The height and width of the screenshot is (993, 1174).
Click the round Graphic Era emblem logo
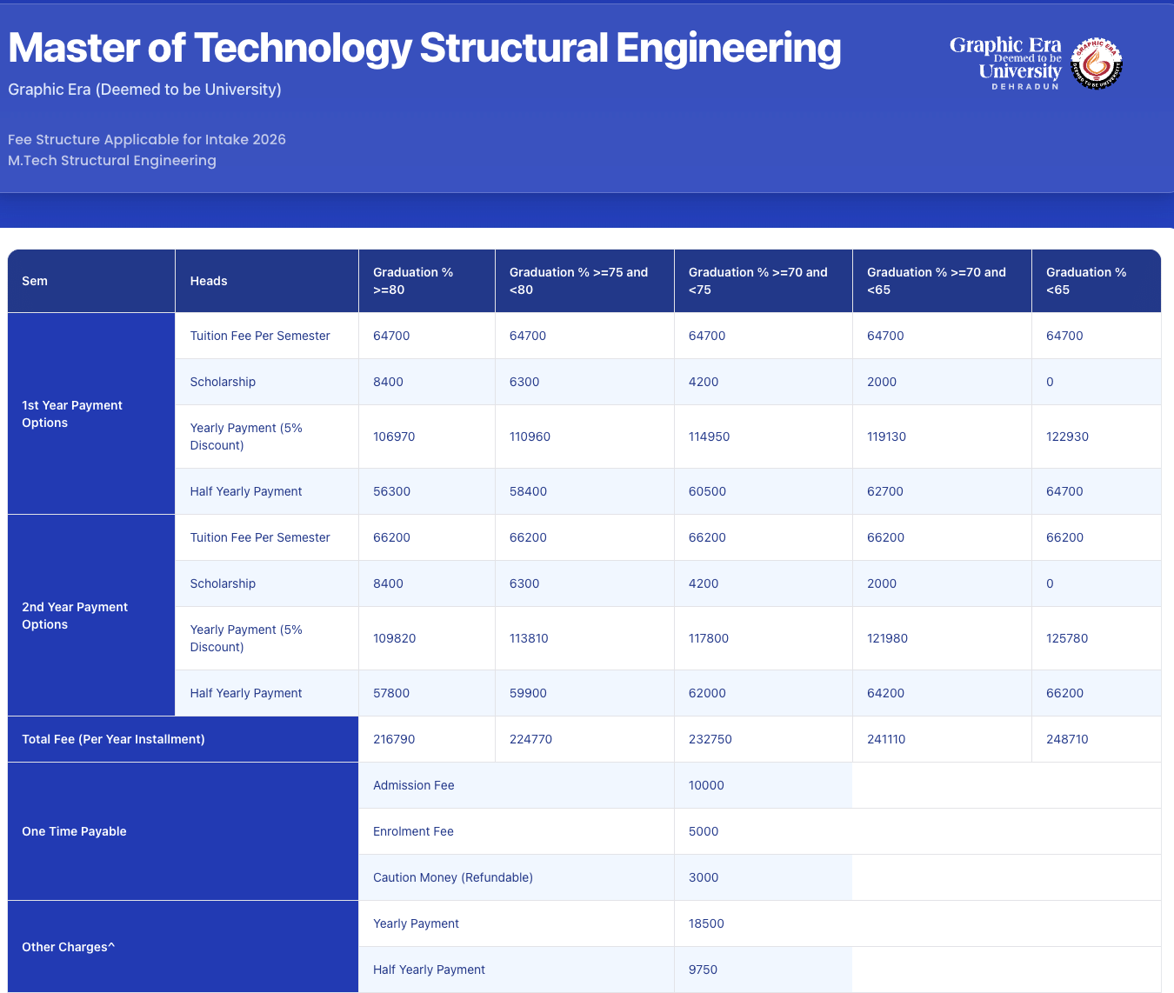point(1097,63)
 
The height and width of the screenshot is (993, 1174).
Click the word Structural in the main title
point(513,48)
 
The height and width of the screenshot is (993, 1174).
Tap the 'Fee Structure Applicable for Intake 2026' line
point(147,139)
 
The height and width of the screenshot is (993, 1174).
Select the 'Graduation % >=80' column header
point(413,281)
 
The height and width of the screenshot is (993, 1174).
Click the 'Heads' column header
point(209,281)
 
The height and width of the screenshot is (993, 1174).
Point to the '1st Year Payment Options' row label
point(72,414)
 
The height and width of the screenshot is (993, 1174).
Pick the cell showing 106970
point(394,437)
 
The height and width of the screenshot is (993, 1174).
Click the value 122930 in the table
point(1067,437)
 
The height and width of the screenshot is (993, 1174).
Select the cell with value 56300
point(391,491)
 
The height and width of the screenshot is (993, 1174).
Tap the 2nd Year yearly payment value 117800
point(709,638)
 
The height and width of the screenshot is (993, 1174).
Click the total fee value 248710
point(1067,739)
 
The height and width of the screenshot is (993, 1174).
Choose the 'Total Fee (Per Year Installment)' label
point(113,739)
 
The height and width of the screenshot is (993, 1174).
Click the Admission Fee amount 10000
point(706,785)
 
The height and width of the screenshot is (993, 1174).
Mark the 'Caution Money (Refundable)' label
point(453,877)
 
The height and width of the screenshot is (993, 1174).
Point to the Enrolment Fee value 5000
point(704,831)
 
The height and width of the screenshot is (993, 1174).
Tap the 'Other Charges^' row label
point(68,947)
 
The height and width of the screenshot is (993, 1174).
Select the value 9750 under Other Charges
point(703,970)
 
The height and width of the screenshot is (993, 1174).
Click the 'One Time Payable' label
point(74,831)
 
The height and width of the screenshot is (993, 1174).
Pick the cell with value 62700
point(885,491)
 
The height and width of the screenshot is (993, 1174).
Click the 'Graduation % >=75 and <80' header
point(578,281)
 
